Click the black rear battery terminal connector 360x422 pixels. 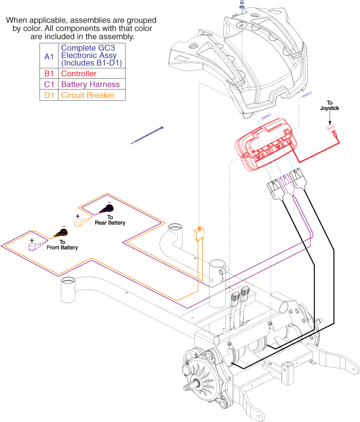[105, 210]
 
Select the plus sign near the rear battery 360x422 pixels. [77, 215]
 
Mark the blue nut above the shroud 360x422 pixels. [241, 8]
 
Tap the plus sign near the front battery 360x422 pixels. [32, 239]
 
